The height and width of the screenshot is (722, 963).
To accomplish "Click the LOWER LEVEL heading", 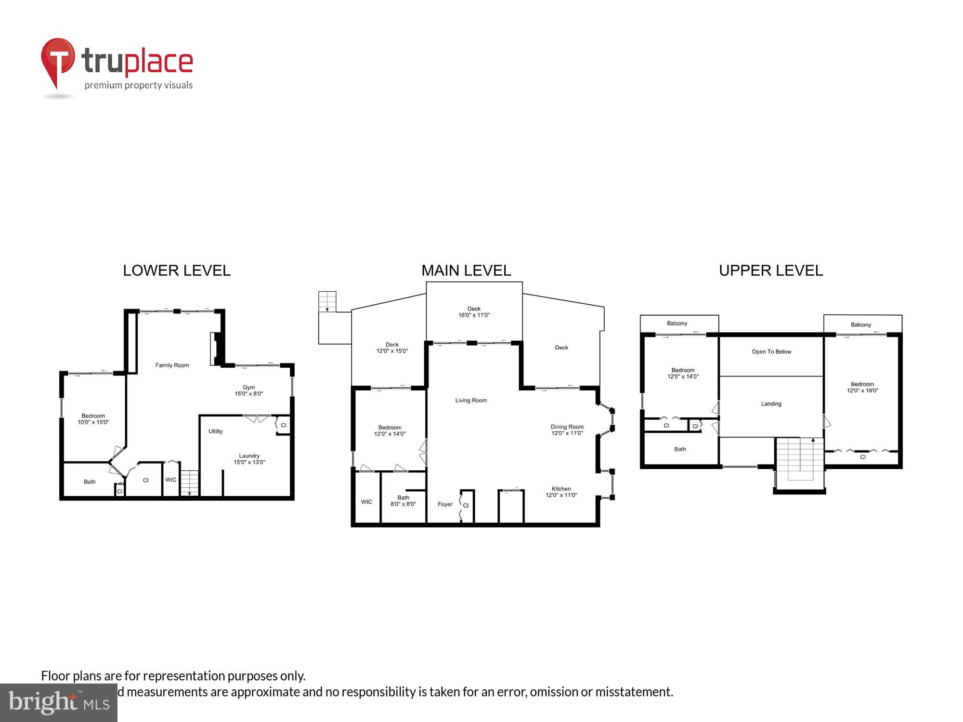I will point(177,271).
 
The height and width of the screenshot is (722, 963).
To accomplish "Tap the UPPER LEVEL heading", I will point(771,271).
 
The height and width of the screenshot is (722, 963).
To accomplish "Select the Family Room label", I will point(172,365).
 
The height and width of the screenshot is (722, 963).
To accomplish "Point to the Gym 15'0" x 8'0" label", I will point(248,390).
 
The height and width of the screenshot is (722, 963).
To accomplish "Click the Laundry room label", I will point(249,459).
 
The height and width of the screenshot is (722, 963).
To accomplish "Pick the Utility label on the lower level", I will point(215,431).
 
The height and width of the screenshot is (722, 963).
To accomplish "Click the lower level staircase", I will point(189,483).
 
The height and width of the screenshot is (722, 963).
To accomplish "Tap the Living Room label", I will point(471,400).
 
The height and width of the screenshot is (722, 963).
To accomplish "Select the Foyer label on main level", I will point(445,504).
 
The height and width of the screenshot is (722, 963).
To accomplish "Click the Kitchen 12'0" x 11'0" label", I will point(561,492).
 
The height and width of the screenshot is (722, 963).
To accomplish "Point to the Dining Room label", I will point(567,430).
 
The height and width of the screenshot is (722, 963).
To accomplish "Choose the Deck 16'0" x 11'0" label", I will point(474,312).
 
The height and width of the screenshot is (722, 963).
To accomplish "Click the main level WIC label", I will point(366,502).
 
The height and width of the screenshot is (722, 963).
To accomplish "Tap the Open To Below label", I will point(771,352).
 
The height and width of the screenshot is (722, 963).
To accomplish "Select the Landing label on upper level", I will point(771,404).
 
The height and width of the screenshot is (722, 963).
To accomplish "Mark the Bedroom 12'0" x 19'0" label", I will point(862,387).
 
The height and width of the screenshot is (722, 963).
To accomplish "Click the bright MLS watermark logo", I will point(58,703).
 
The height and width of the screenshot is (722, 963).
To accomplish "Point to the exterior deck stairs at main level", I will point(327,302).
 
